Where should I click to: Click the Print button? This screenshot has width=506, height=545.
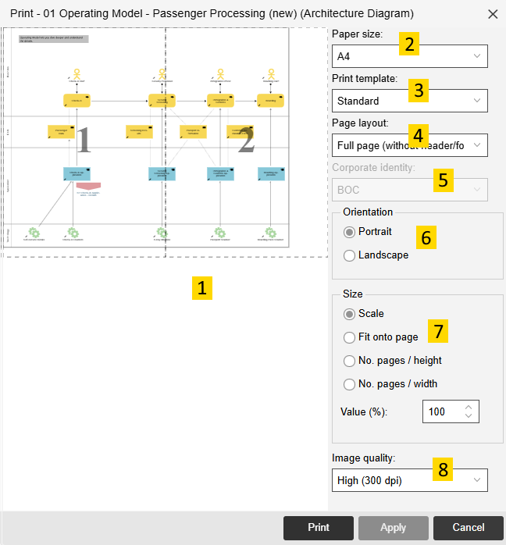tap(318, 528)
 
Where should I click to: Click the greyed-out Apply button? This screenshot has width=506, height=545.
tap(393, 528)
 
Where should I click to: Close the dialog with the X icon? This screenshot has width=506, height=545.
tap(493, 14)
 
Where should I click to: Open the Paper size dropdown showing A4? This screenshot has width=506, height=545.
tap(409, 56)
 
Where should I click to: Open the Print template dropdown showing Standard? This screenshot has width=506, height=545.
tap(409, 101)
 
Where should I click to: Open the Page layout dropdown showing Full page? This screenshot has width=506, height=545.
tap(409, 145)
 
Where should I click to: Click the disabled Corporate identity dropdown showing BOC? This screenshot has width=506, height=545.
tap(409, 190)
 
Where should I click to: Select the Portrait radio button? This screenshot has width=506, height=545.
tap(350, 232)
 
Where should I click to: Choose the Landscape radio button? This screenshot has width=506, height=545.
tap(350, 255)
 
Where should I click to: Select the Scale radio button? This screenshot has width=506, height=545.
tap(350, 314)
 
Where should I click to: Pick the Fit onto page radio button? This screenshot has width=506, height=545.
tap(350, 337)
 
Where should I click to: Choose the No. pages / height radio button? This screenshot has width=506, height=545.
tap(350, 361)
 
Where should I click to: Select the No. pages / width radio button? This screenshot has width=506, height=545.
tap(350, 384)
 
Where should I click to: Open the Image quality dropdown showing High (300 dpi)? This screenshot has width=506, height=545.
tap(409, 480)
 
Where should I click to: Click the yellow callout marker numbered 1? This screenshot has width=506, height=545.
tap(202, 288)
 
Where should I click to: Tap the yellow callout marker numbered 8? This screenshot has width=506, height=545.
tap(444, 469)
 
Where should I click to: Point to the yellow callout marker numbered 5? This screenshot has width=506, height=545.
tap(444, 180)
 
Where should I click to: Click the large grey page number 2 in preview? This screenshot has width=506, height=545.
tap(246, 141)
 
